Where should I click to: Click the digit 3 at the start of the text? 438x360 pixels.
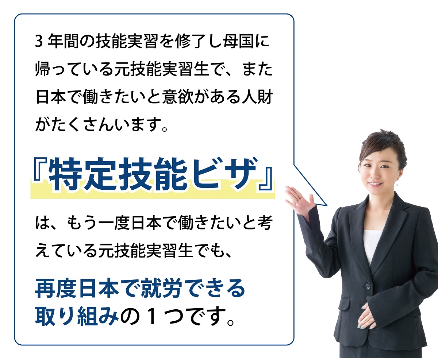tap(39, 42)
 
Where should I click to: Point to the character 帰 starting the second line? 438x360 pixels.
tap(43, 69)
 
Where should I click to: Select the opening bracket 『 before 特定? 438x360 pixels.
tap(41, 168)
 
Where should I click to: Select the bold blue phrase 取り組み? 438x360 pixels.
tap(77, 316)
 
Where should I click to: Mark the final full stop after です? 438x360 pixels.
tap(231, 322)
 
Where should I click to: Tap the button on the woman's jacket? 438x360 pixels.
tap(368, 287)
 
